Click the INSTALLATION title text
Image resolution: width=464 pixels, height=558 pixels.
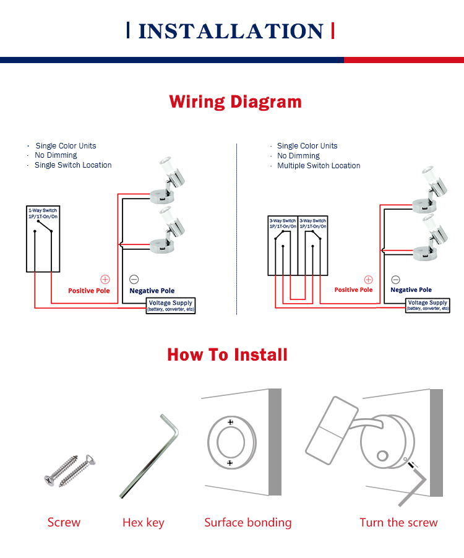[x=230, y=31]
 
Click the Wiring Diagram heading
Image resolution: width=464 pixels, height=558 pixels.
[x=236, y=101]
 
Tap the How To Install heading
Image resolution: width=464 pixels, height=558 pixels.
[x=227, y=354]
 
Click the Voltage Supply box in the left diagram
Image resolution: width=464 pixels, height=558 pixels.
[x=170, y=306]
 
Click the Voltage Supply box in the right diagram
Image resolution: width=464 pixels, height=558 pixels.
[x=428, y=305]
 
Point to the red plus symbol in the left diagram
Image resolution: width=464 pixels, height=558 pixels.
[x=105, y=280]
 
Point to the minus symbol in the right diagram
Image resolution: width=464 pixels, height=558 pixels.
[x=396, y=280]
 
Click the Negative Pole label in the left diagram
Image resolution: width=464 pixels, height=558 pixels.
[x=152, y=291]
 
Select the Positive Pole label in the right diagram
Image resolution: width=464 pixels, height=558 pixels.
[x=353, y=290]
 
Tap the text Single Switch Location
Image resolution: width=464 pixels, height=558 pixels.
[x=73, y=165]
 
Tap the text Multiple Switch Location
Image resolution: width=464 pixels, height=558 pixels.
[x=319, y=166]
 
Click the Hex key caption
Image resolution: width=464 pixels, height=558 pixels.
[x=144, y=523]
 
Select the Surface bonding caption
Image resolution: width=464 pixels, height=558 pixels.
[x=247, y=523]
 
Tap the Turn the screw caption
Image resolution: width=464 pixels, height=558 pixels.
[x=398, y=523]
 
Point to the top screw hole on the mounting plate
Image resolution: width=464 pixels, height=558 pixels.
[x=230, y=422]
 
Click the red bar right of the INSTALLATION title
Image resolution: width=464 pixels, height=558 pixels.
[x=333, y=30]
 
